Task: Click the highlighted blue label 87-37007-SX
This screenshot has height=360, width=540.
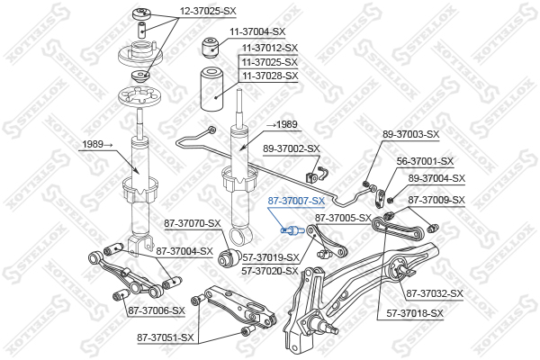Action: pos(296,201)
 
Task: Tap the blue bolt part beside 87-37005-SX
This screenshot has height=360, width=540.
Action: pos(292,230)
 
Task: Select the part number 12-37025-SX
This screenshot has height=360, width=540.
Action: pos(208,11)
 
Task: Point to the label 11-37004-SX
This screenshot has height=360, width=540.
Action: pos(257,31)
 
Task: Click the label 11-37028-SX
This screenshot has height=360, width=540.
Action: pos(270,76)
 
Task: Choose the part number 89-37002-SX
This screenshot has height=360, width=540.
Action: pos(292,148)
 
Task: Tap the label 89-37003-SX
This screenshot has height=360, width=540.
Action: pos(411,134)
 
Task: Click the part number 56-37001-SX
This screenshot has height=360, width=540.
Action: pos(425,161)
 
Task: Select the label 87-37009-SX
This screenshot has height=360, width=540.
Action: pos(436,200)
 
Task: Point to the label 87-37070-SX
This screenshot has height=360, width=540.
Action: pos(193,223)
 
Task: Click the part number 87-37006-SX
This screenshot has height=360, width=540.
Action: pos(157,310)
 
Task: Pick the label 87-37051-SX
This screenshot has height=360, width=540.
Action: pos(166,337)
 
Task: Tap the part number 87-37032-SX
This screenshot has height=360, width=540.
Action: pos(435,293)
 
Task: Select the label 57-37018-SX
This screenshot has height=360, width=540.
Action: pos(415,313)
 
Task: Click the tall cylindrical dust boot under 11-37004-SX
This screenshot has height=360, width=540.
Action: pos(211,89)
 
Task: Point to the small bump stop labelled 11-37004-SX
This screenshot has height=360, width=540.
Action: pos(211,47)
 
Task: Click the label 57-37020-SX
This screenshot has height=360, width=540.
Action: pos(270,271)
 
